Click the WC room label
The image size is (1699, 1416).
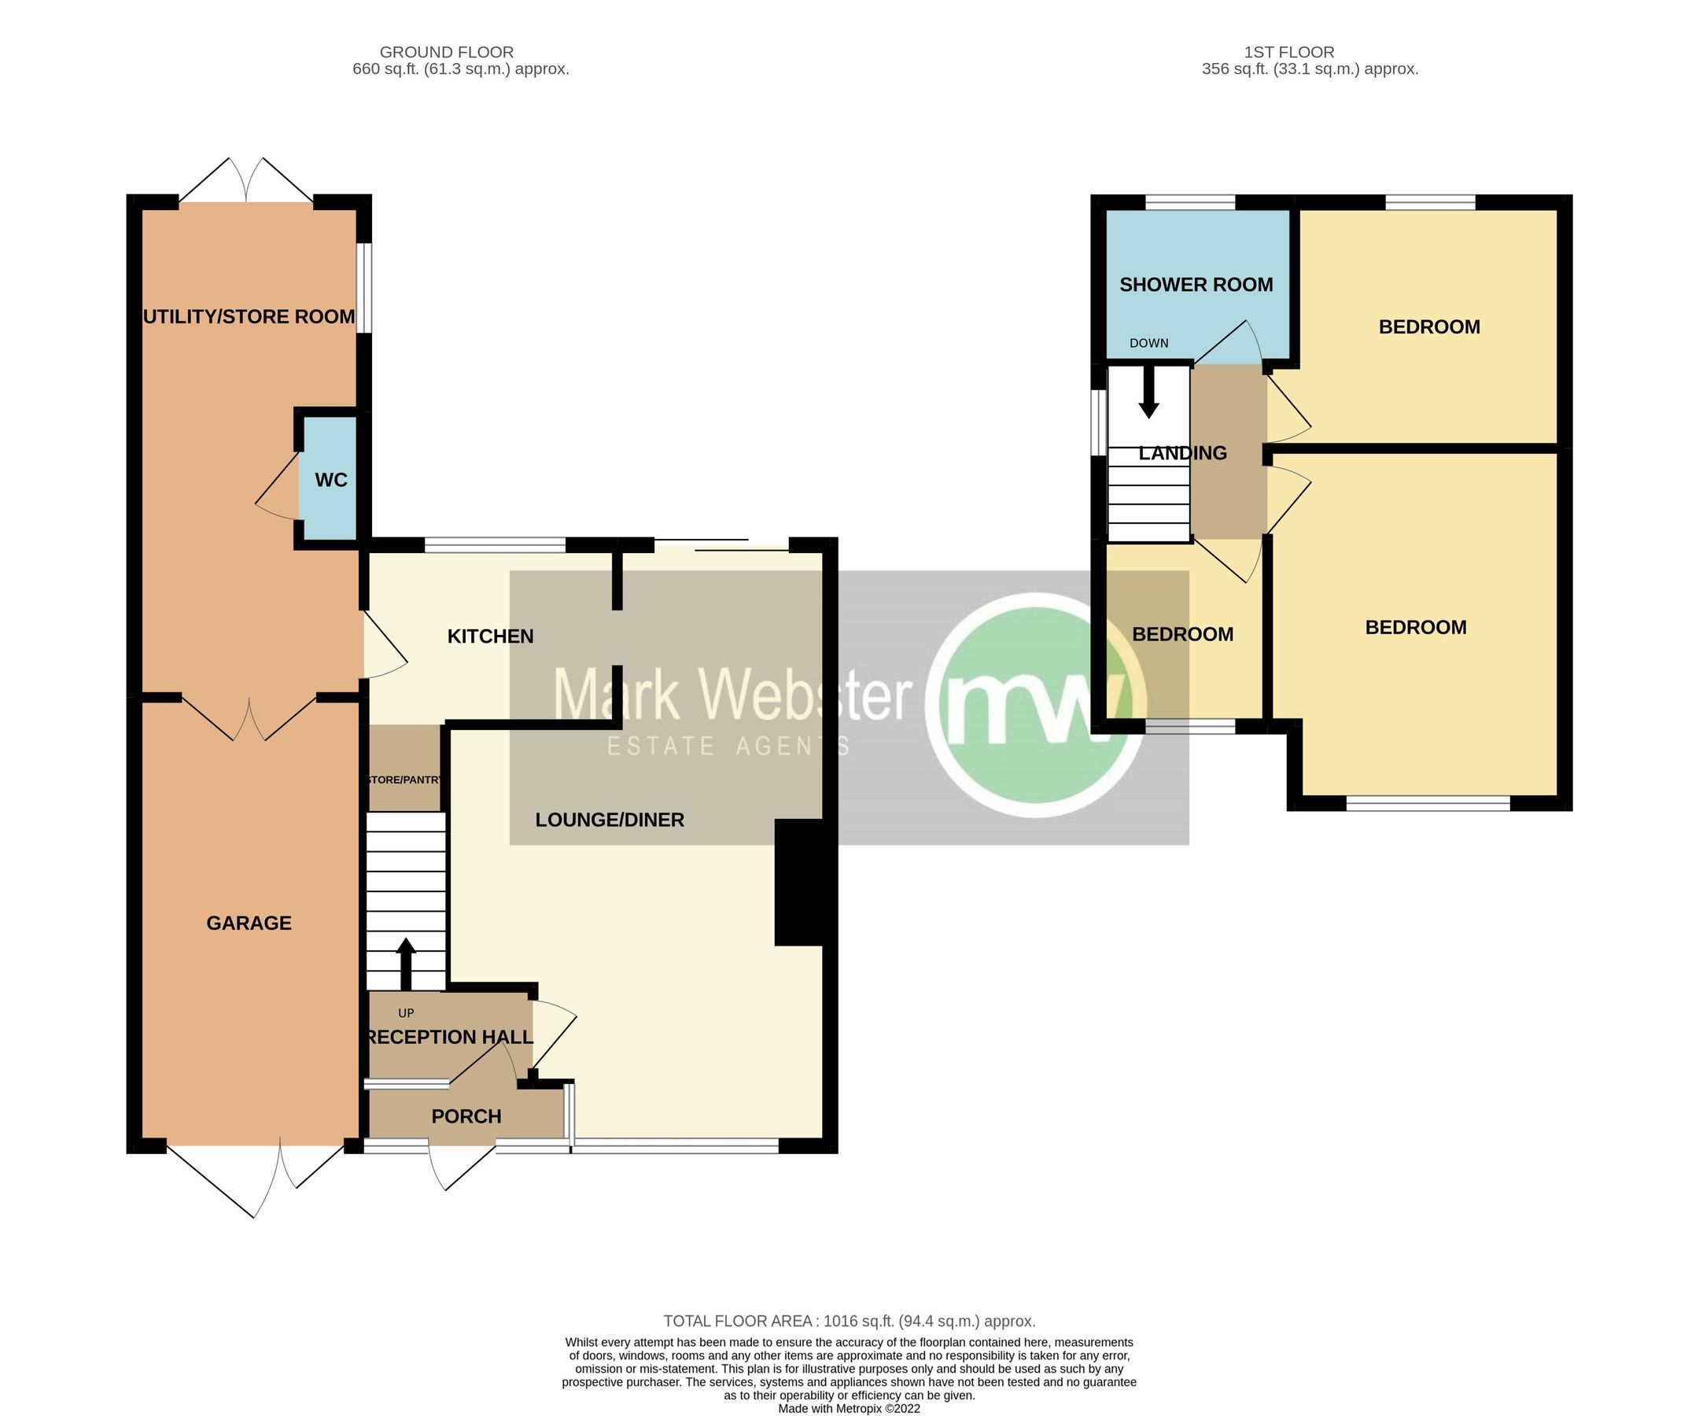(x=331, y=480)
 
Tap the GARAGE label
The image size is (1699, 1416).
(x=249, y=924)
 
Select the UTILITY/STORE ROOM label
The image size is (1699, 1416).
(x=249, y=316)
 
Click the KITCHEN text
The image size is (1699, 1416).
(x=490, y=636)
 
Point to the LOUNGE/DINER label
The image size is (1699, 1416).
(x=610, y=820)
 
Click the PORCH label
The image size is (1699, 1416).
(x=466, y=1116)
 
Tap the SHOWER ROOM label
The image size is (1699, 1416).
(x=1196, y=285)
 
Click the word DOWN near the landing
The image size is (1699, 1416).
(x=1149, y=343)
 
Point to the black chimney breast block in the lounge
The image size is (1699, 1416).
(x=798, y=883)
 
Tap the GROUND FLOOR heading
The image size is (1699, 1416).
(x=447, y=52)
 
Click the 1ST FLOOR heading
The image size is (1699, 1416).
(x=1289, y=52)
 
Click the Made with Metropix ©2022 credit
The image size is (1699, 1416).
(x=849, y=1409)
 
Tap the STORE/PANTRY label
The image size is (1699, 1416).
(x=404, y=780)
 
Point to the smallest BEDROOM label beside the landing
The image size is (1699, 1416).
(x=1182, y=634)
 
